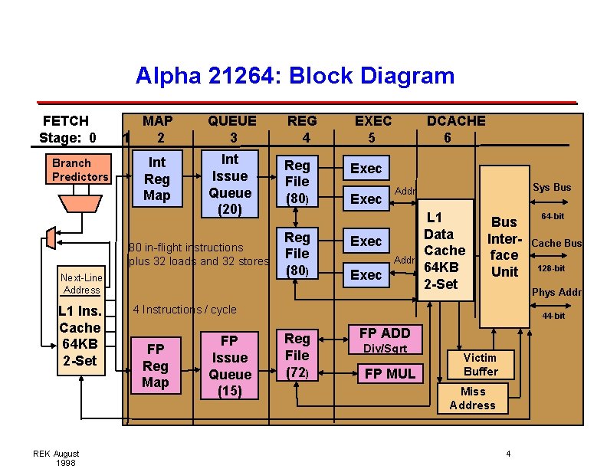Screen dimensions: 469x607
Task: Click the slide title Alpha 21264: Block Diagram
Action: (295, 76)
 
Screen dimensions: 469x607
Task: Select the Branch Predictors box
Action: (80, 170)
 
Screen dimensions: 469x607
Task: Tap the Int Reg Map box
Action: (157, 179)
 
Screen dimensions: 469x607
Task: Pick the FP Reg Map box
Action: (156, 366)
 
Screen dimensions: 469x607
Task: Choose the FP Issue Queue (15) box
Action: (230, 366)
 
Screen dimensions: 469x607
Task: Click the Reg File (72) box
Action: (297, 356)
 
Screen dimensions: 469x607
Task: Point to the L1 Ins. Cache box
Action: (80, 336)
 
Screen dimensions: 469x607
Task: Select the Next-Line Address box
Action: (82, 284)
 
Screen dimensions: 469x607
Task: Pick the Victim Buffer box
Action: (481, 365)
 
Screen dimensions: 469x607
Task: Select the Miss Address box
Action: (472, 398)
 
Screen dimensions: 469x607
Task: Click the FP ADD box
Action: (385, 333)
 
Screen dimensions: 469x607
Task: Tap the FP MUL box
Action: (389, 373)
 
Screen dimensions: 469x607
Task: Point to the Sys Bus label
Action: (551, 187)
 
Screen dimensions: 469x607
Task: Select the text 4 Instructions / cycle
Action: (185, 310)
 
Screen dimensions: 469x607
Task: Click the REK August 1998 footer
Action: (56, 458)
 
